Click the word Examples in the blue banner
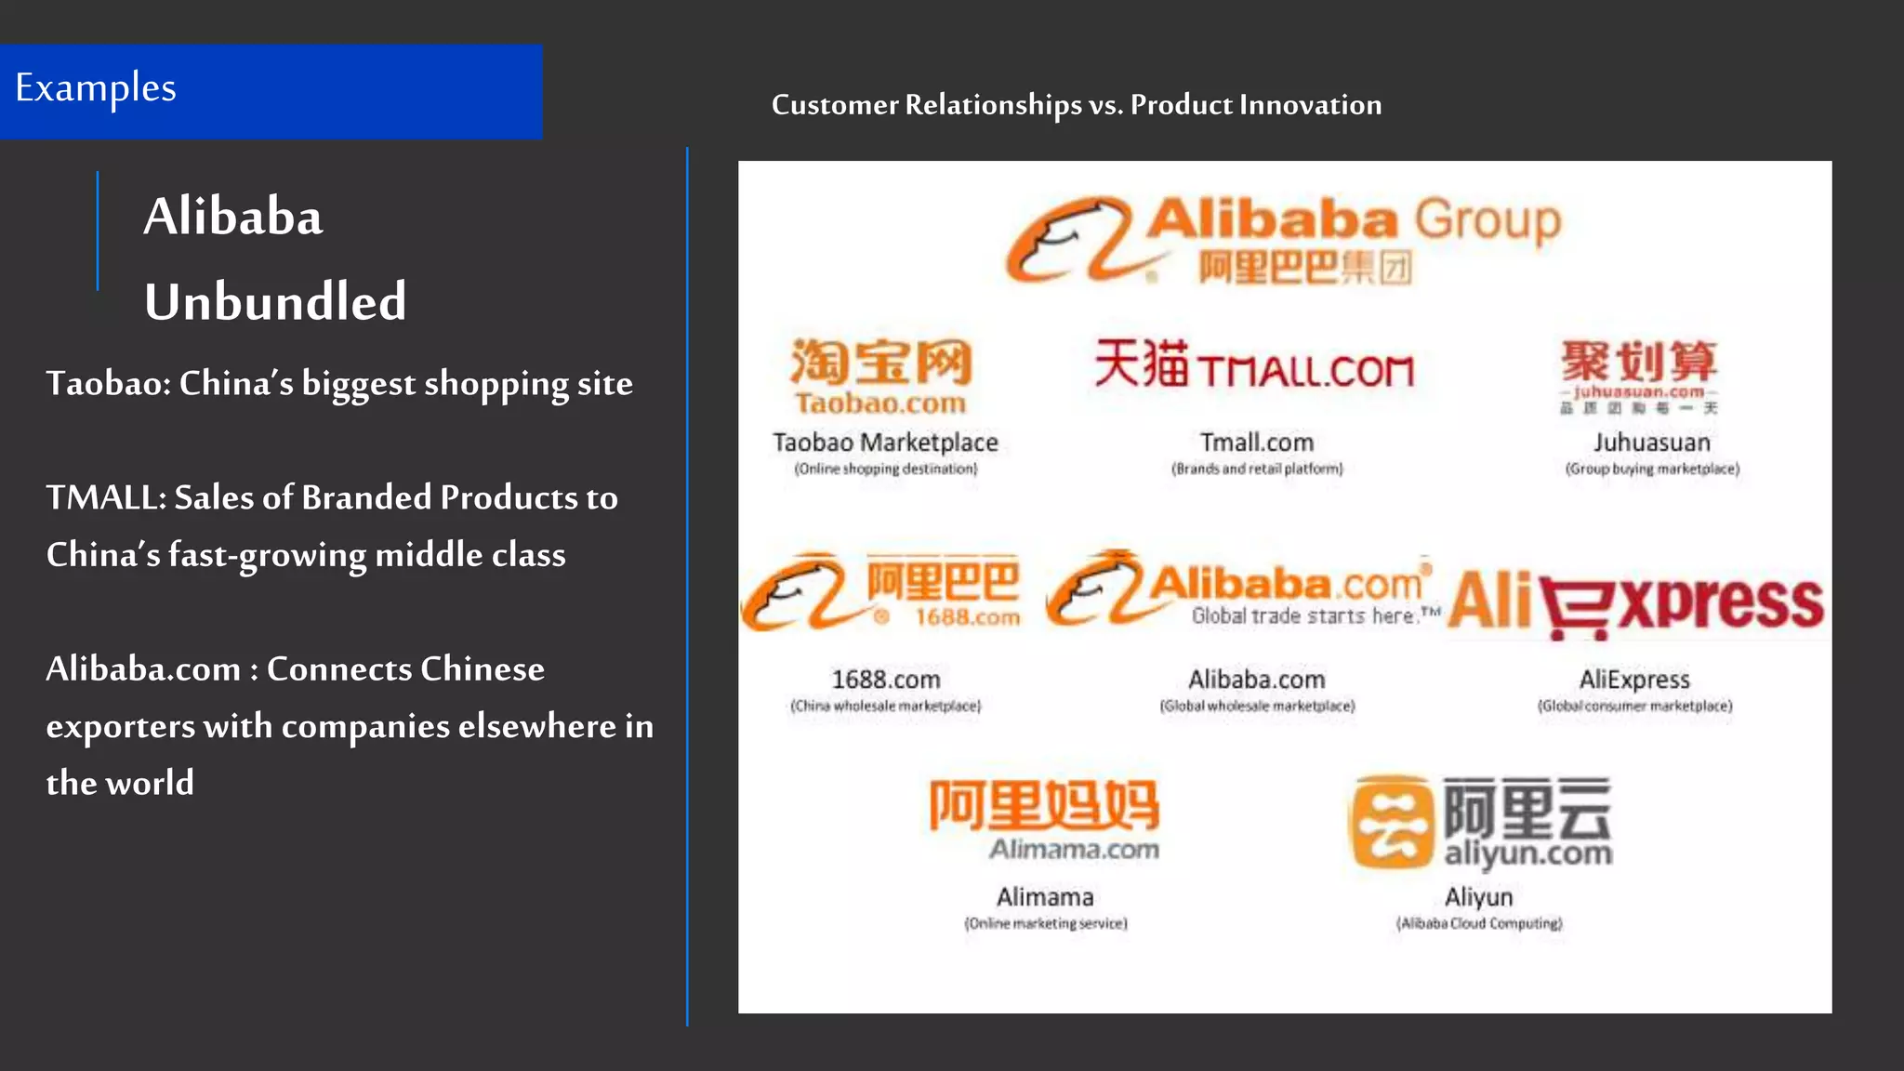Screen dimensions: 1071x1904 pos(96,88)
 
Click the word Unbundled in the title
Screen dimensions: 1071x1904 pos(275,302)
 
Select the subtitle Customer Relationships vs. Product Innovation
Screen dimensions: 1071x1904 pos(1076,105)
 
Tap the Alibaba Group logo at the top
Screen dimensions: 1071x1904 pos(1283,240)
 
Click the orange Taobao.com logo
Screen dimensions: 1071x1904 pos(879,376)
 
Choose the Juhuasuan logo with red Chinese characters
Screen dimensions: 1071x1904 pos(1638,374)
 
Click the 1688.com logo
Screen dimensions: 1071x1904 pos(880,592)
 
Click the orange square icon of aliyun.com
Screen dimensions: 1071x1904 pos(1391,822)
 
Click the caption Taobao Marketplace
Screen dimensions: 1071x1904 pos(885,443)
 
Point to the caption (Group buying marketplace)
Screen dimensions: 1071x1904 pos(1652,469)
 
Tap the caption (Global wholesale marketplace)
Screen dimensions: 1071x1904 pos(1257,707)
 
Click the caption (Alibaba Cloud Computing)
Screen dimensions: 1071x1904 pos(1478,924)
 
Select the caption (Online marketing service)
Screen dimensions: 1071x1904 pos(1045,924)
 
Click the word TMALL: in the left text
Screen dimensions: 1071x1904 pos(106,498)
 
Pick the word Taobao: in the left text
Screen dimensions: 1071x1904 pos(108,384)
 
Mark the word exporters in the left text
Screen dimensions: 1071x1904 pos(121,727)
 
